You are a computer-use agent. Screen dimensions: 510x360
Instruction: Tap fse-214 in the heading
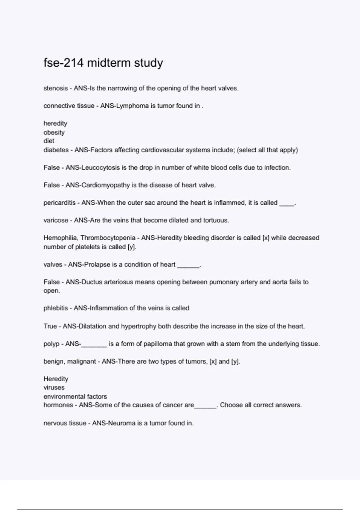click(64, 63)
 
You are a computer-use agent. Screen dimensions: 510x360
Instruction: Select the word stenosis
click(55, 88)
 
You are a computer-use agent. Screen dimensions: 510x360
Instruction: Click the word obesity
click(54, 132)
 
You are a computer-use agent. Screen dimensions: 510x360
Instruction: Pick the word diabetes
click(56, 150)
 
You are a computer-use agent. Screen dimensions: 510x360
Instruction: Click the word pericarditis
click(59, 203)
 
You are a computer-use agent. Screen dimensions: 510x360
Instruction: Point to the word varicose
click(56, 220)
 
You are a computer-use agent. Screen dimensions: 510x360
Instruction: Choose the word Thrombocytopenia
click(108, 238)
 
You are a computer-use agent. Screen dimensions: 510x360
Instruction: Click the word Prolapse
click(97, 265)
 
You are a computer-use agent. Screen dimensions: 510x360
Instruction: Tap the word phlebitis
click(55, 308)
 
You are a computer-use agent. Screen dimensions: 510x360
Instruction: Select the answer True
click(50, 326)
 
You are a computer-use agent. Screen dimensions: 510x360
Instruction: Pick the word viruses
click(54, 388)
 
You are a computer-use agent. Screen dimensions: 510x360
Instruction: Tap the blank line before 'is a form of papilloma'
click(94, 346)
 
